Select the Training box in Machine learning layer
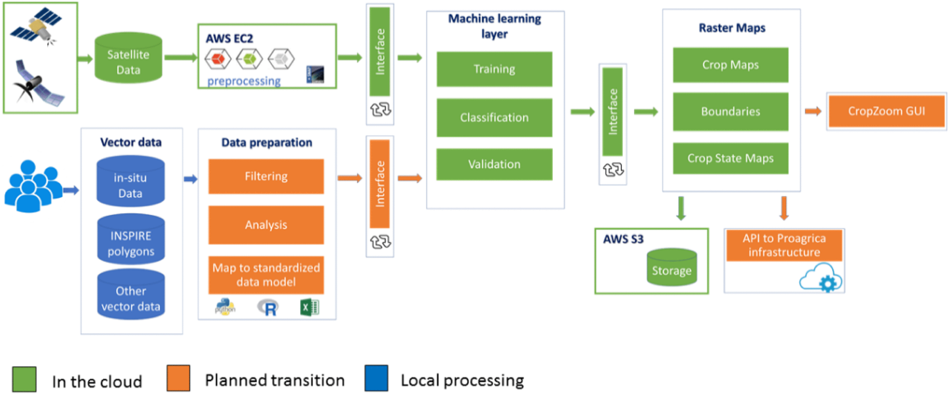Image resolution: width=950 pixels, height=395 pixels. point(494,69)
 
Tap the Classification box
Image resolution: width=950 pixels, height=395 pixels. point(494,117)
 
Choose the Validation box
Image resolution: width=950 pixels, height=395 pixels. point(494,164)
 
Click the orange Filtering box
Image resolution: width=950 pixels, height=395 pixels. point(266,177)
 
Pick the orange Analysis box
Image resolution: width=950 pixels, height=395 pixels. point(266,225)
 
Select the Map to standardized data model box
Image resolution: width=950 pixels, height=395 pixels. point(266,275)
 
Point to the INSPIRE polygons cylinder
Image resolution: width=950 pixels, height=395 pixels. point(131,240)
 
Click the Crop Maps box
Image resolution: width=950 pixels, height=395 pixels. point(730,65)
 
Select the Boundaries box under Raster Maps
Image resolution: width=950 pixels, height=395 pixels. point(730,111)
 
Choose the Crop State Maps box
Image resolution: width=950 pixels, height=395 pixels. point(730,158)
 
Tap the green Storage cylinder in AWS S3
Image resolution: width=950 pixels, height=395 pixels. point(672,267)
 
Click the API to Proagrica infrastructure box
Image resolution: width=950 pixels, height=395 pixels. point(784,245)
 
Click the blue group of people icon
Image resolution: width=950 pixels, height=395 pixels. point(33,186)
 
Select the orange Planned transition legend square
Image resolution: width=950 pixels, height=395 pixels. point(178,378)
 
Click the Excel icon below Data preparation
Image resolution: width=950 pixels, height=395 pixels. point(309,307)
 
